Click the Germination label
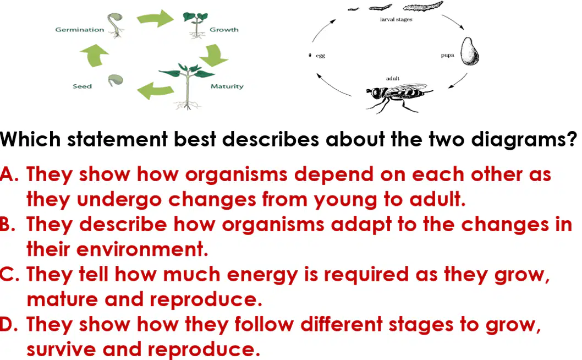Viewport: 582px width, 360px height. coord(79,30)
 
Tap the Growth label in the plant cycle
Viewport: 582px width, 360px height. coord(224,30)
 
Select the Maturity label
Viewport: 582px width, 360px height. coord(227,86)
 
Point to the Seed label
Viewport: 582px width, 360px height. coord(82,86)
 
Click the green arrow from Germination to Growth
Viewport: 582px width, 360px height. coord(155,18)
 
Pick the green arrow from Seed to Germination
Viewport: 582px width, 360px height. coord(94,56)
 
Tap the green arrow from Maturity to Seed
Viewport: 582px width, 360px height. coord(155,90)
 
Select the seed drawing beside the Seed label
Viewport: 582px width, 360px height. coord(116,80)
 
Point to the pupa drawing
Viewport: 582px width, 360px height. coord(470,52)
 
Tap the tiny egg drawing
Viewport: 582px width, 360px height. coord(310,56)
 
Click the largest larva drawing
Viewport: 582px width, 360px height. coord(423,6)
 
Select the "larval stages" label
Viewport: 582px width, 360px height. coord(396,19)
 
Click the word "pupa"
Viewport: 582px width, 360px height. coord(447,56)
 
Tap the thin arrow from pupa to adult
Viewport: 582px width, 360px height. coord(459,81)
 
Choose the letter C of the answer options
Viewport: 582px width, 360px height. coord(7,275)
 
